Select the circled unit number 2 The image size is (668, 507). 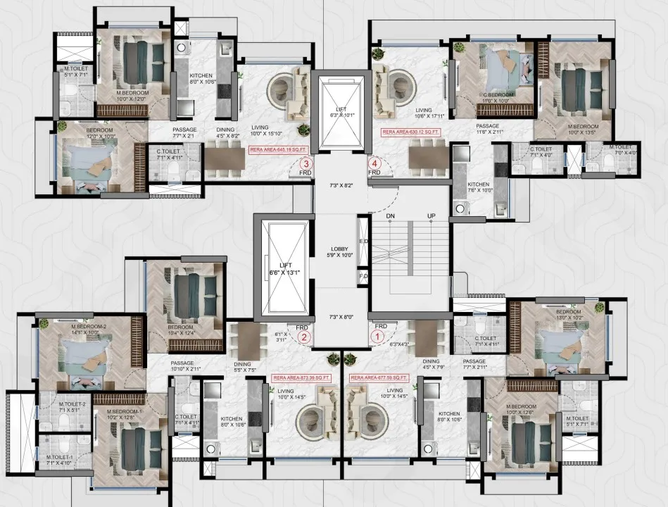coord(304,337)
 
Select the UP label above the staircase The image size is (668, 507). coord(431,215)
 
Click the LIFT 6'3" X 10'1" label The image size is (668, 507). coord(340,112)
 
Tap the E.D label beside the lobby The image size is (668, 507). coord(363,242)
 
